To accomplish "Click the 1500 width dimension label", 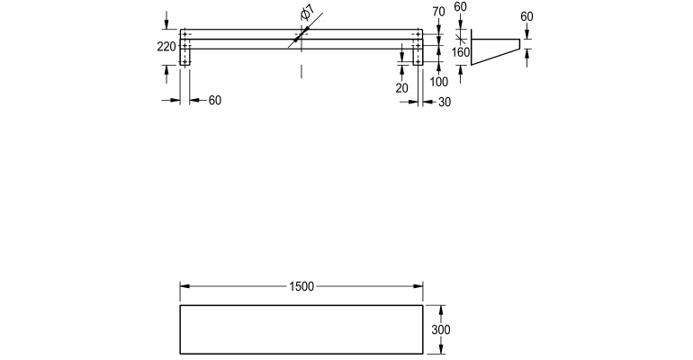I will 301,286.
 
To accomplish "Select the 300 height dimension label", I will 440,330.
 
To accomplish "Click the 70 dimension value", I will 439,12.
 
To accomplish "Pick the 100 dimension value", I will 439,83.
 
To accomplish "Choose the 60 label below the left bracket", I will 214,101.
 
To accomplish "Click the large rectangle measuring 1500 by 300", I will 301,330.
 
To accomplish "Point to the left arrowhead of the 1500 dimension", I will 184,286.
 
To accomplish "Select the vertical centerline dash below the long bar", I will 301,69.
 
